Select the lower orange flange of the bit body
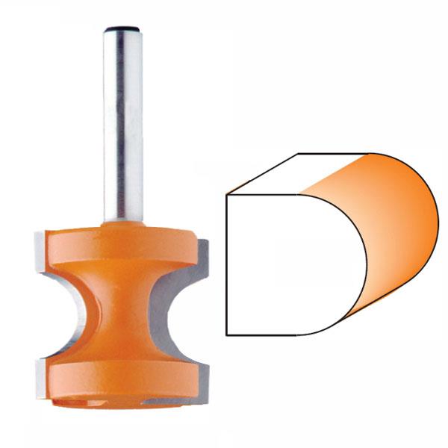tap(119, 377)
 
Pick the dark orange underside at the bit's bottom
tap(119, 403)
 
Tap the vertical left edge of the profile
tap(226, 265)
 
